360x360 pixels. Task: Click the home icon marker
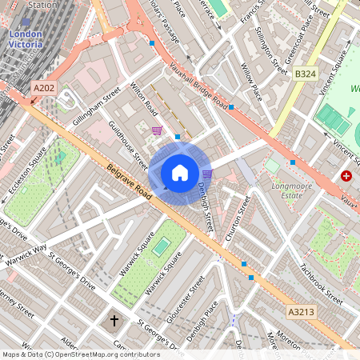click(x=180, y=172)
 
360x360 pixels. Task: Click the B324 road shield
click(x=304, y=74)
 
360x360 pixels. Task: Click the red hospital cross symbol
click(x=346, y=175)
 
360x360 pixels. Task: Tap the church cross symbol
click(x=114, y=321)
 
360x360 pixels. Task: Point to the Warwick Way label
click(x=28, y=242)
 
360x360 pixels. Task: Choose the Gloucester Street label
click(x=191, y=299)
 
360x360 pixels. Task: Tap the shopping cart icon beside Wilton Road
click(x=157, y=130)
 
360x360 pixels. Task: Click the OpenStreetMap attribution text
click(x=80, y=354)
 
